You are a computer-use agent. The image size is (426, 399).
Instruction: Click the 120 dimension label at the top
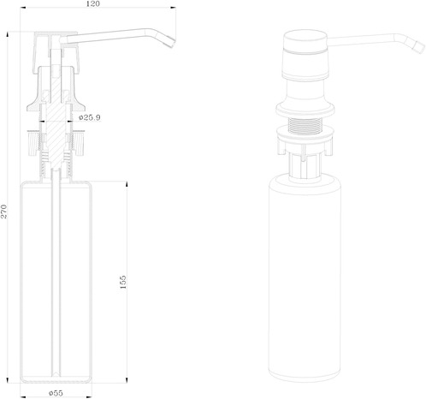click(92, 3)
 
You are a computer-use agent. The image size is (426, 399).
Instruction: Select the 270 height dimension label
click(3, 211)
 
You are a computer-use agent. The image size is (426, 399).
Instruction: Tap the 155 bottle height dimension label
click(123, 282)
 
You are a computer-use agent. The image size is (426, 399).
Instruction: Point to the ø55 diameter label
click(56, 393)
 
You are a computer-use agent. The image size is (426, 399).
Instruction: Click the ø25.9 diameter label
click(90, 117)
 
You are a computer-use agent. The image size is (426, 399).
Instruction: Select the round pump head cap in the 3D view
click(305, 54)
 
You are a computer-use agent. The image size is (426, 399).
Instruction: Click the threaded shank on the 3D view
click(305, 125)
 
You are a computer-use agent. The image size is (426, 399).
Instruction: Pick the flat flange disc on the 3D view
click(305, 110)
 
